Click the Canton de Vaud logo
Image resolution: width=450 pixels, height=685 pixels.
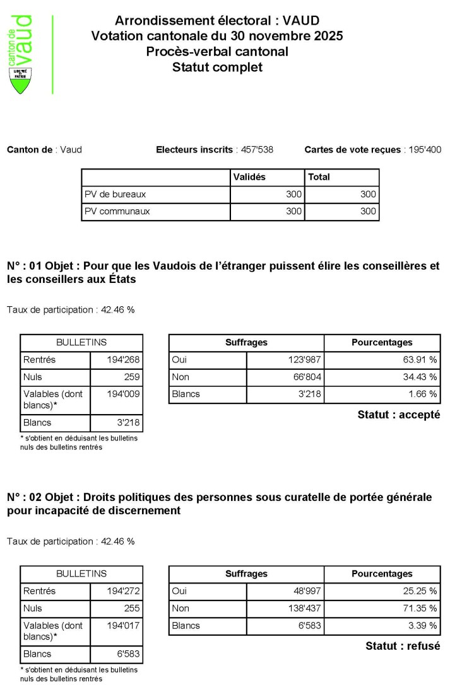[23, 54]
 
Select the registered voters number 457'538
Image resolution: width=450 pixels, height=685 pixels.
[256, 150]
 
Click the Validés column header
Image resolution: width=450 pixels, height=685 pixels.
[249, 177]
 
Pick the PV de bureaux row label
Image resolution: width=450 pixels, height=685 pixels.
[115, 194]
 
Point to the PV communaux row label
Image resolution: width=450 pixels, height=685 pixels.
[117, 212]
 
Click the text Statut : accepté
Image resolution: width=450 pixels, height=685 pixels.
[398, 415]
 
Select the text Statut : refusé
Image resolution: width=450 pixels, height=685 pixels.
[403, 646]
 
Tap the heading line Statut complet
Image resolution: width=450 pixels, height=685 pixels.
[217, 67]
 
